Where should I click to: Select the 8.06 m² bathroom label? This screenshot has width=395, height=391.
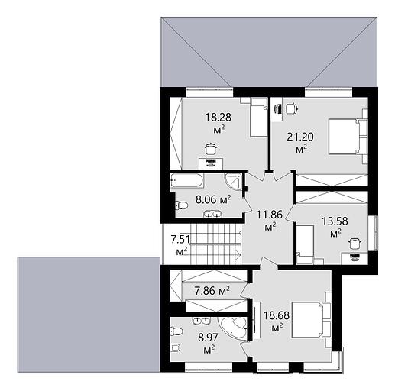coord(213,199)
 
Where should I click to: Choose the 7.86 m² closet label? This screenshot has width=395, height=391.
coord(212,291)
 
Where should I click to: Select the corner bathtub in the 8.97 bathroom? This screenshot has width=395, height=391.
coord(233,328)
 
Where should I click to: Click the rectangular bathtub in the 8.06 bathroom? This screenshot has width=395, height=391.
coord(187,180)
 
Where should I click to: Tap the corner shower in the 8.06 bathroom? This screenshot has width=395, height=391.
coord(234,182)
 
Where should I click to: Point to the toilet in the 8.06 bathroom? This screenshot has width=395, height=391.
coord(181,205)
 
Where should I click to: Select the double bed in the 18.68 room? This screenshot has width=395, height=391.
coord(311,320)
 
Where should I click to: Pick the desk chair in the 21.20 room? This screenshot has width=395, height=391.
coord(292,108)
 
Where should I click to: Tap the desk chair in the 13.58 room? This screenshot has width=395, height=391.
coord(354,244)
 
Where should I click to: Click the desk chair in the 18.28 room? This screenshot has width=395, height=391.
coord(211,149)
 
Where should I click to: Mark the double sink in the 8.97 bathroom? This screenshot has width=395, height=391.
coord(201,321)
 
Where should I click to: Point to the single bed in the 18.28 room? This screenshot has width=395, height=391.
coord(259,118)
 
